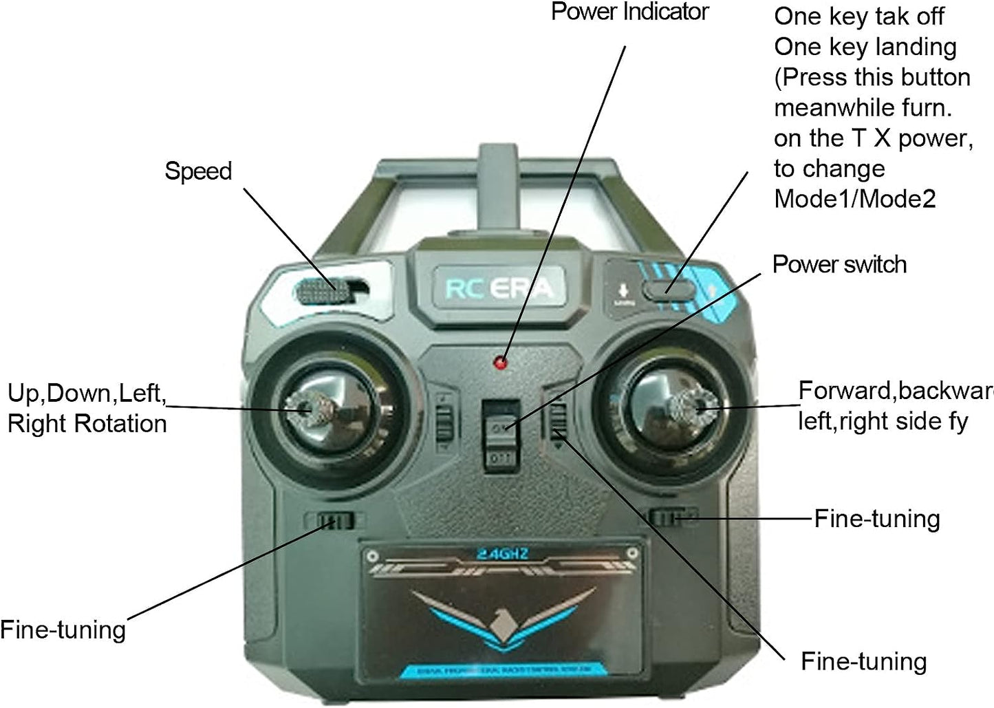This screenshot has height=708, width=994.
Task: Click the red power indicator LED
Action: (502, 362)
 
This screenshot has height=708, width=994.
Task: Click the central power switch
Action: (500, 434)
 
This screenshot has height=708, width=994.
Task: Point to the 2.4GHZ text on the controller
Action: (502, 553)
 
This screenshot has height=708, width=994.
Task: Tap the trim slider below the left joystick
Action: (333, 521)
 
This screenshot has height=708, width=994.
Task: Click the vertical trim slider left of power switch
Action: (445, 420)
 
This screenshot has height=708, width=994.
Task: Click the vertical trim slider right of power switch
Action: (558, 419)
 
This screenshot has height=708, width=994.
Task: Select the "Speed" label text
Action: (198, 171)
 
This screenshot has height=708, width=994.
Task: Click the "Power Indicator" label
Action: (629, 12)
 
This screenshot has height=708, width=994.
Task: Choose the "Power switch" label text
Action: (839, 264)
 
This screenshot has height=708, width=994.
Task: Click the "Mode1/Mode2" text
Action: (855, 199)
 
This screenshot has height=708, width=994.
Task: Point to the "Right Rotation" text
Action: (87, 423)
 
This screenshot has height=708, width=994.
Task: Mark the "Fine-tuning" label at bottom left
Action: (63, 630)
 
